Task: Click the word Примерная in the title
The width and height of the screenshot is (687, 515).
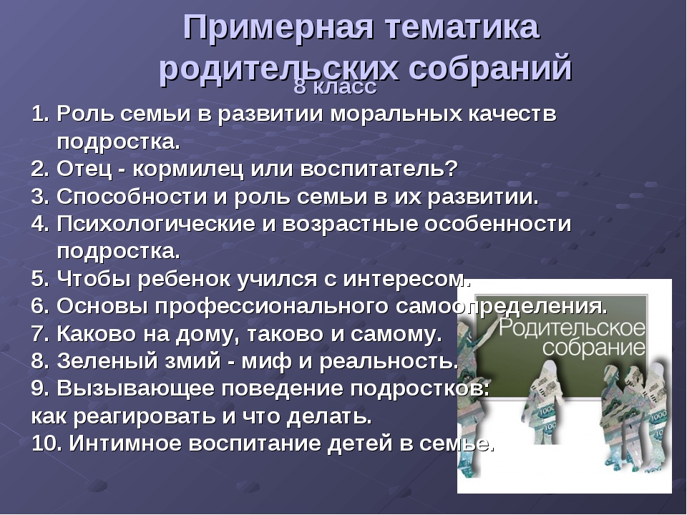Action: coord(278,28)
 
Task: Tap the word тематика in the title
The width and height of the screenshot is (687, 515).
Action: coord(462,27)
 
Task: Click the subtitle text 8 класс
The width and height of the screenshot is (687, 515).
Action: coord(335,87)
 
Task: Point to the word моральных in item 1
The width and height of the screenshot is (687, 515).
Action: coord(396,114)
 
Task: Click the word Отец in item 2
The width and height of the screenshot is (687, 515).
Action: coord(84,169)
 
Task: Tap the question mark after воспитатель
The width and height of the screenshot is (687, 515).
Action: coord(452,169)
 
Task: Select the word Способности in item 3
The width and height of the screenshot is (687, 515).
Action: coord(132,197)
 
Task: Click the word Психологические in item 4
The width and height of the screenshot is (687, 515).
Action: coord(155,224)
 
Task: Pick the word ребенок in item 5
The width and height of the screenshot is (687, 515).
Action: coord(187,279)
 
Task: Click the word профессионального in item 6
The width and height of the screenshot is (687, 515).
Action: coord(271,307)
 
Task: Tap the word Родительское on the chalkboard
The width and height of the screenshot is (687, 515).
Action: coord(572,328)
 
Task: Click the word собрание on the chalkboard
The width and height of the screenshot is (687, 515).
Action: coord(594,348)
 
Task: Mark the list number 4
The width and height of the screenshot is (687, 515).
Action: coord(40,224)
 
